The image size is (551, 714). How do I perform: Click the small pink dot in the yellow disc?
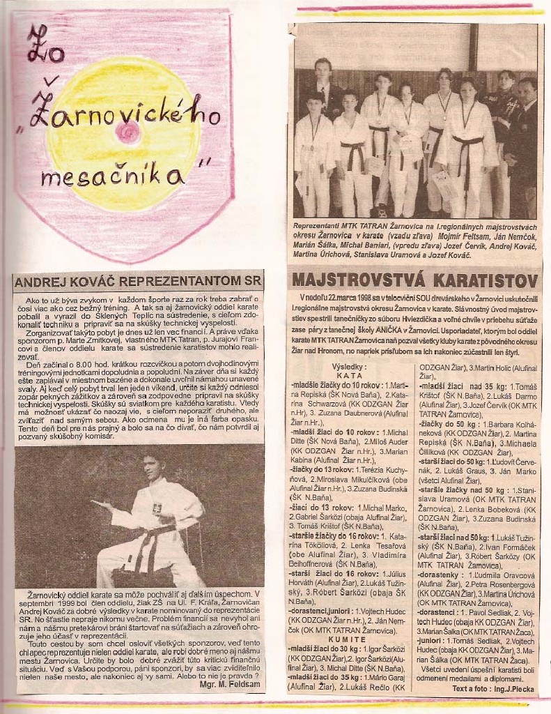(128, 132)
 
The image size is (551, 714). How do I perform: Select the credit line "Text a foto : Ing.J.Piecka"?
(492, 688)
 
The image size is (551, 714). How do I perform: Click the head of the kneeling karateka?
(151, 466)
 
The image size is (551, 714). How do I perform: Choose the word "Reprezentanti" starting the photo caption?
(318, 227)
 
